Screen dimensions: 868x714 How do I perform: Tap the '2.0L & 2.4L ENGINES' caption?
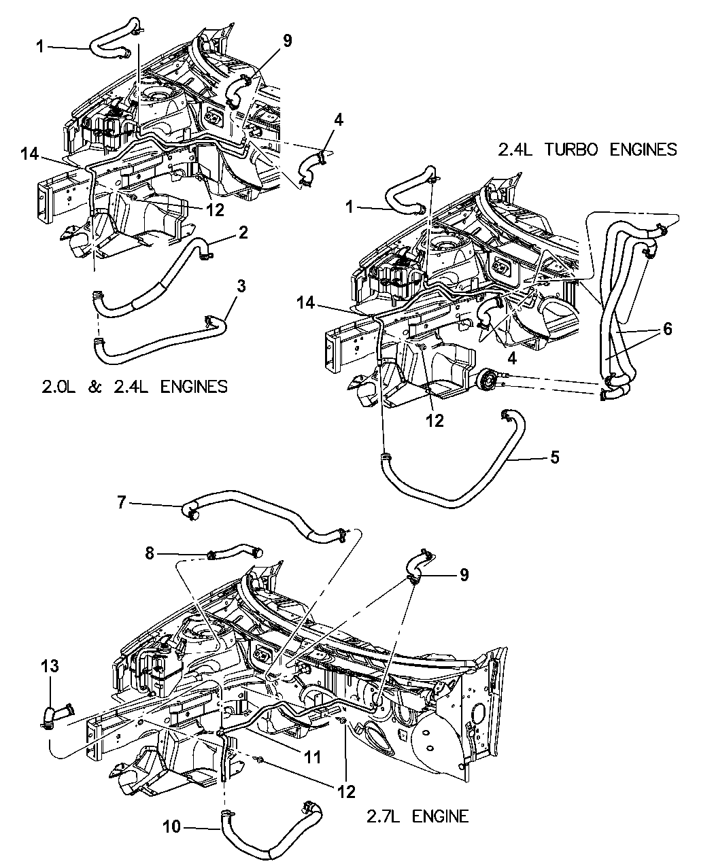pos(133,386)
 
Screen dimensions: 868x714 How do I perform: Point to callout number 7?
pos(122,503)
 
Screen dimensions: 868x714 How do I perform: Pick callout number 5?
pos(556,457)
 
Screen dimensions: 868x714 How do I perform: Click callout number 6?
pos(667,329)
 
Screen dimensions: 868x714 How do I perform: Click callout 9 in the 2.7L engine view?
pos(464,574)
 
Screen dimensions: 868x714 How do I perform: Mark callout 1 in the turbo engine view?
pos(350,207)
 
